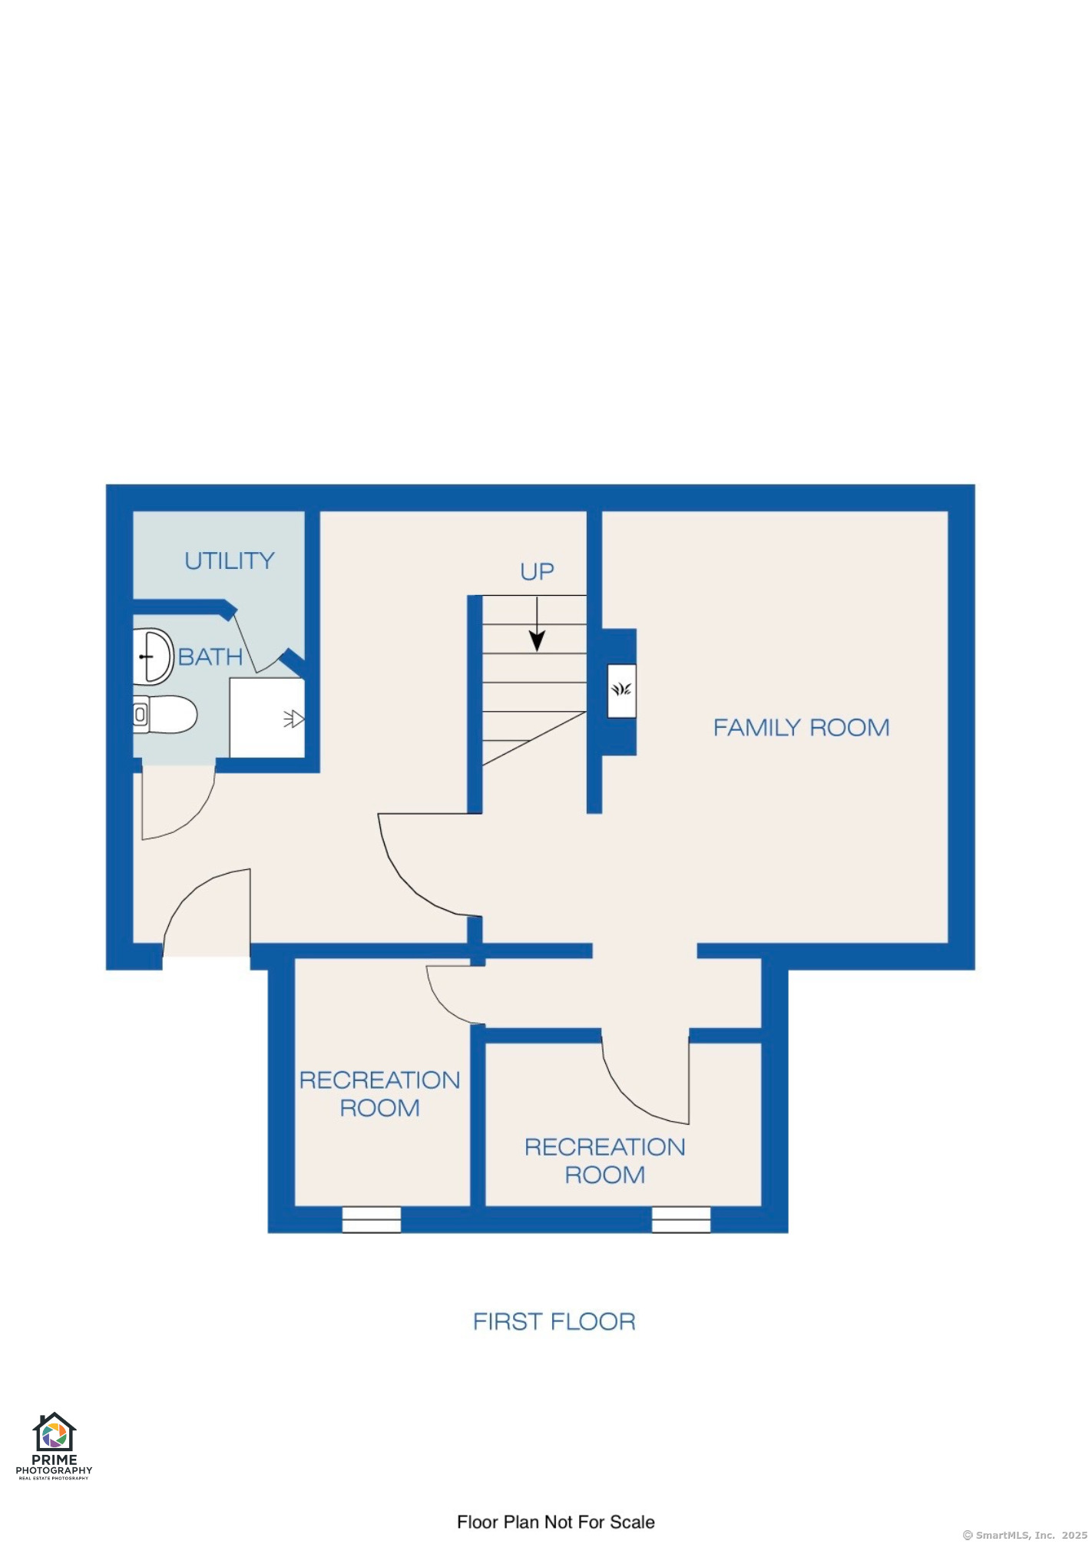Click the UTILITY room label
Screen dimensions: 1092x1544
point(230,561)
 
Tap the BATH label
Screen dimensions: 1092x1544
point(210,657)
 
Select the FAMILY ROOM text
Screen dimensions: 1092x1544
point(802,728)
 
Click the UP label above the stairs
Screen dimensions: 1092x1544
point(537,572)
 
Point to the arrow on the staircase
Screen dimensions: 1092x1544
point(538,624)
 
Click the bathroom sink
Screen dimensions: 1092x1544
point(154,657)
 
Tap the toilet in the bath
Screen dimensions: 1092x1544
point(165,715)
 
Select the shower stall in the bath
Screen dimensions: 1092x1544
point(267,717)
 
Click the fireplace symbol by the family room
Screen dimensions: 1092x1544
point(621,690)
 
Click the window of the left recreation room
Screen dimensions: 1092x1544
point(372,1219)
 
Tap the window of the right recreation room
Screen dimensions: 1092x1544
point(681,1219)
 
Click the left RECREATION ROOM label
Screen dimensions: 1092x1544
point(379,1094)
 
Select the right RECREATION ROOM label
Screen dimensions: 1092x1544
point(605,1161)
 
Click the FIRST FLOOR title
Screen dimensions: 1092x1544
point(554,1321)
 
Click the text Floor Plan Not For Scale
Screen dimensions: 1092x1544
point(556,1522)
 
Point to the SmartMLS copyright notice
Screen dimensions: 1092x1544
point(1025,1535)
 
